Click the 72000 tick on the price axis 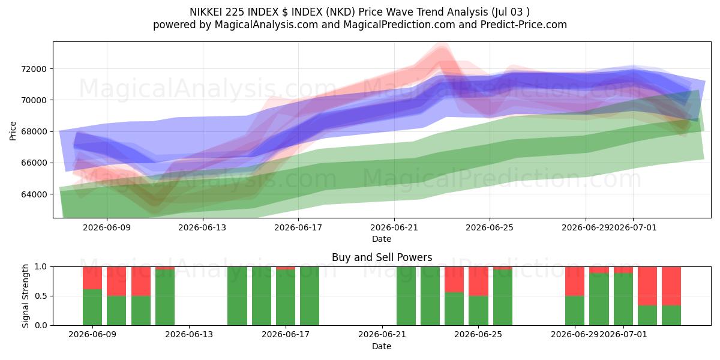(34, 69)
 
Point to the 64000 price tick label (34, 194)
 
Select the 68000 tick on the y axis (34, 132)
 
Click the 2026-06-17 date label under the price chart (298, 227)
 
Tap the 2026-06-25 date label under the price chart (490, 227)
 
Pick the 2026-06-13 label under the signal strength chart (189, 335)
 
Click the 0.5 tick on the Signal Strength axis (41, 296)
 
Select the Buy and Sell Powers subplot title (382, 257)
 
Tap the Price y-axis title (13, 131)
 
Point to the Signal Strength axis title (25, 296)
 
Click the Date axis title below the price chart (382, 239)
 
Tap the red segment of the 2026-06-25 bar (503, 268)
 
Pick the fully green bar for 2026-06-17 (310, 296)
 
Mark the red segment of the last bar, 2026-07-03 (671, 286)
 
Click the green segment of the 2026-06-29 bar (575, 311)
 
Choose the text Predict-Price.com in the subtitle (524, 25)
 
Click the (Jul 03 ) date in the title (511, 12)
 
